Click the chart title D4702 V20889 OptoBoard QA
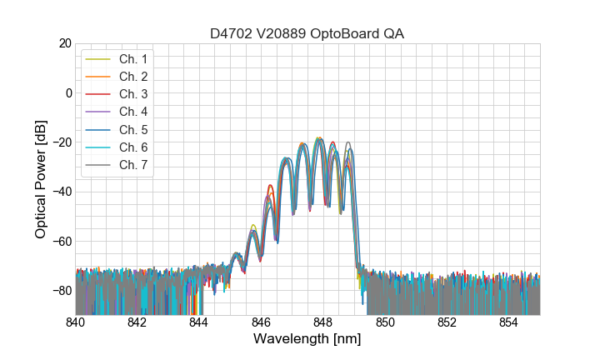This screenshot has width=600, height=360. point(307,33)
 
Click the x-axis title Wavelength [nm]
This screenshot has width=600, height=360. point(307,340)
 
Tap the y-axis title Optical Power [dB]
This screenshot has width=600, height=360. point(41,179)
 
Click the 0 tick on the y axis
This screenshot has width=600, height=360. point(67,92)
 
